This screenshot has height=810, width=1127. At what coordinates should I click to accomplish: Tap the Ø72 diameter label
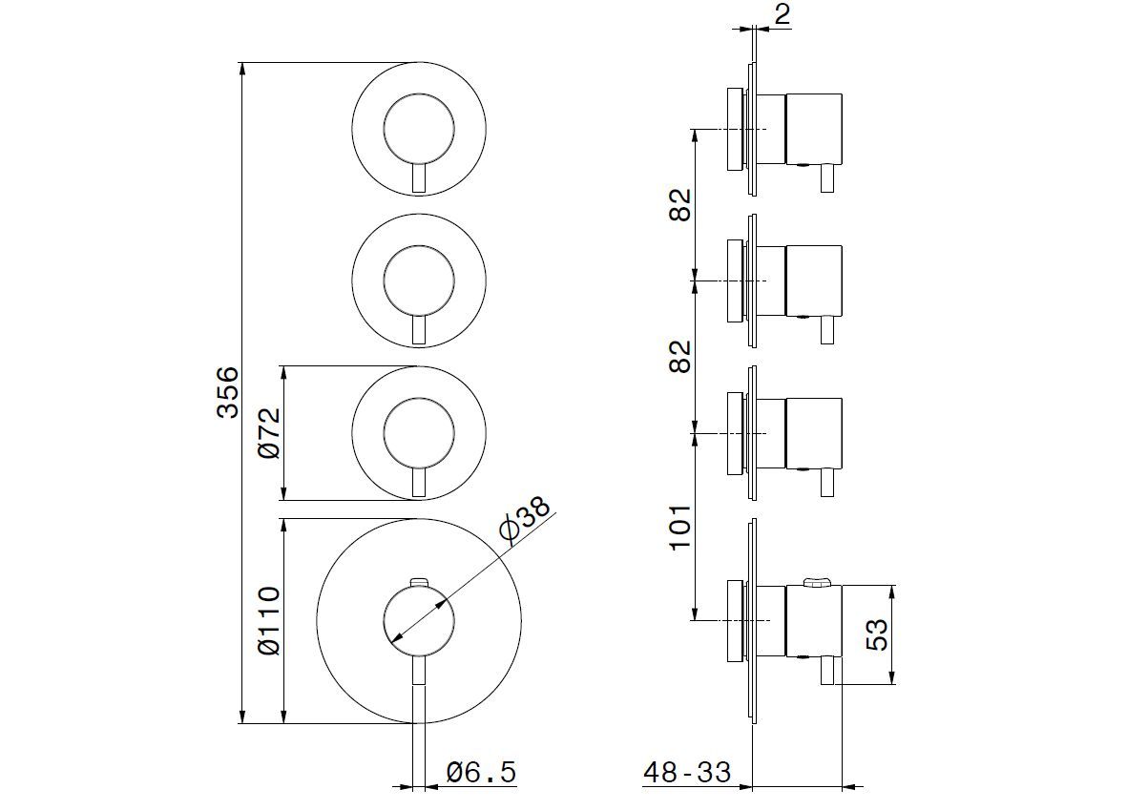click(x=270, y=433)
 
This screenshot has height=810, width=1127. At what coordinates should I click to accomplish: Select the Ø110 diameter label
click(x=270, y=621)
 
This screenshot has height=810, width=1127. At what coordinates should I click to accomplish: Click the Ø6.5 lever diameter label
click(x=481, y=771)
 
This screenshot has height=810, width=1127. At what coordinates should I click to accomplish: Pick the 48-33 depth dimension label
click(x=687, y=772)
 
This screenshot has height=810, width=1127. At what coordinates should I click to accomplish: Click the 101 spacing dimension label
click(x=679, y=526)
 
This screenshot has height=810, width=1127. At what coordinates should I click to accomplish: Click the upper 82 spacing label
click(x=679, y=204)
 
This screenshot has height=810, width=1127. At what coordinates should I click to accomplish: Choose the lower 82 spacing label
click(x=679, y=356)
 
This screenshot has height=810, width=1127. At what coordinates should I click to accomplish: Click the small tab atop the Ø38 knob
click(x=418, y=580)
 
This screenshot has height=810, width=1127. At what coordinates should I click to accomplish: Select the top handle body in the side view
click(x=814, y=129)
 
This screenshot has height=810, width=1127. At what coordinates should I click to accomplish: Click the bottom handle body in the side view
click(x=814, y=621)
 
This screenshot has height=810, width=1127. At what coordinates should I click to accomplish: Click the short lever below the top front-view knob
click(x=418, y=177)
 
